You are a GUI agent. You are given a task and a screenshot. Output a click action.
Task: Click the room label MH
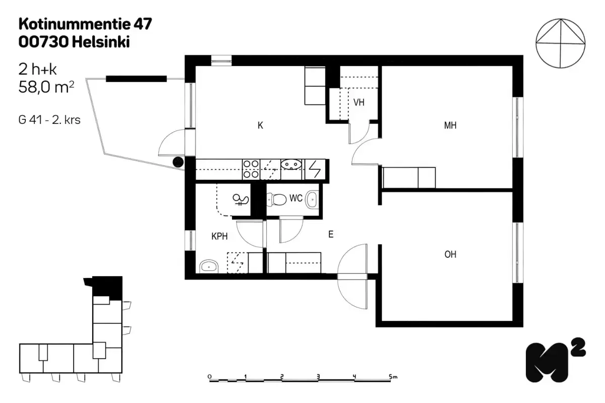[450, 126]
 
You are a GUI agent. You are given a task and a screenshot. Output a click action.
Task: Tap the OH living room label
[450, 255]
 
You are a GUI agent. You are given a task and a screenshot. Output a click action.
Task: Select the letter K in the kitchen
[260, 126]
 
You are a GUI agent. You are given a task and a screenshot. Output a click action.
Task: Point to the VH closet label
[358, 103]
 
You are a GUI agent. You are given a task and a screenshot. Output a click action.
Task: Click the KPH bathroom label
[219, 235]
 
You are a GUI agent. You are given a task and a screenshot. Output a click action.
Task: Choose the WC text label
[295, 198]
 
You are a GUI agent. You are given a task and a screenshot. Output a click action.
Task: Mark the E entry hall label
[331, 234]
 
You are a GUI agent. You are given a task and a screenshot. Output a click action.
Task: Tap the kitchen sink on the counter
[291, 164]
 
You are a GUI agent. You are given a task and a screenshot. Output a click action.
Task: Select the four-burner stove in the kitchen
[251, 169]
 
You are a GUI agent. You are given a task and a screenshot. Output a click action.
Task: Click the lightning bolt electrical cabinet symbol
[315, 169]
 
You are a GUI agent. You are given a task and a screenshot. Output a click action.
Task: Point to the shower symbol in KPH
[240, 200]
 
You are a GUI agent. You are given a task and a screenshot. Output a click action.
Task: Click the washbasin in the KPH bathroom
[207, 266]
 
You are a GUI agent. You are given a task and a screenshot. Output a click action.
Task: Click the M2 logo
[555, 360]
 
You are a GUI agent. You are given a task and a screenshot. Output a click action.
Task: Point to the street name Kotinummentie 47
[85, 24]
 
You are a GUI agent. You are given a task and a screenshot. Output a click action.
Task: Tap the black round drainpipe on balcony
[178, 162]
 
